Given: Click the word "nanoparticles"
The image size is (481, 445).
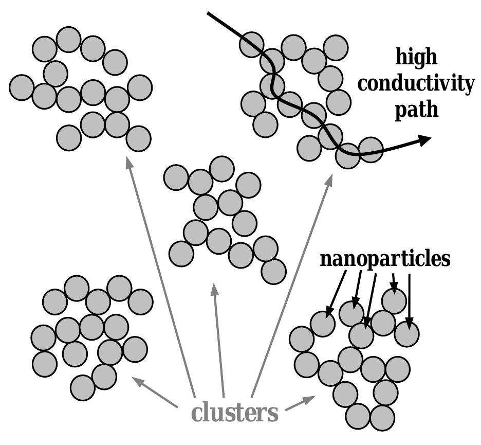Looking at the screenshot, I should point(385,259).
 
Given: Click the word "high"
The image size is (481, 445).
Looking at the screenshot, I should point(416,56).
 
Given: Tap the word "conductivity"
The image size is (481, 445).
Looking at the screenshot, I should point(416,83).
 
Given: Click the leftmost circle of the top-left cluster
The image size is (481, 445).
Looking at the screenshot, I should point(22,87).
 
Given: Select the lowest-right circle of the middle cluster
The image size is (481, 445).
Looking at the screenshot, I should point(273,271).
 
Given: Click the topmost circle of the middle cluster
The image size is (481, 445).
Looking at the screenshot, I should point(222,169).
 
